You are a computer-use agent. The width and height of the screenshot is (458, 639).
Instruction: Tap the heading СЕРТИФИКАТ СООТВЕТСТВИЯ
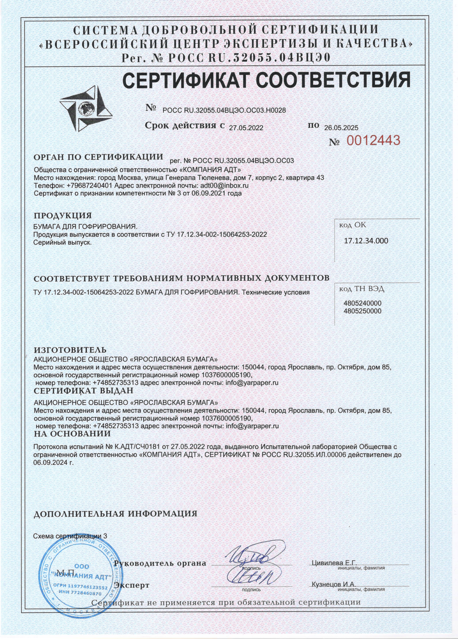point(266,81)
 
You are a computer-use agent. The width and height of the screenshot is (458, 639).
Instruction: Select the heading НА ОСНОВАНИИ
point(72,434)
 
